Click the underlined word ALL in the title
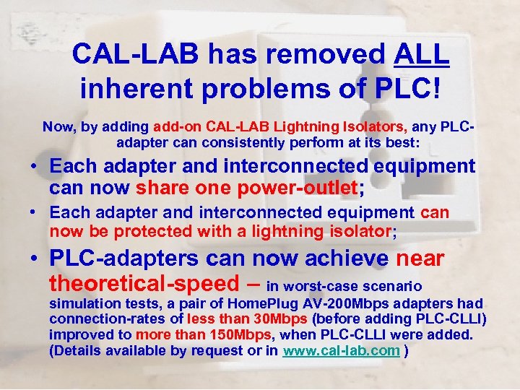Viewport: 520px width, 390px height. click(x=422, y=53)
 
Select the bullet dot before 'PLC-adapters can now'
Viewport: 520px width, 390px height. click(x=35, y=259)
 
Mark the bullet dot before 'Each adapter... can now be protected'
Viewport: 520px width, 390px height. click(x=35, y=214)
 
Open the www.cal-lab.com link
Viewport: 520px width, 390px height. click(x=342, y=351)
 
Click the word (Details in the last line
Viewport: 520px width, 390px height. click(x=75, y=351)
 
